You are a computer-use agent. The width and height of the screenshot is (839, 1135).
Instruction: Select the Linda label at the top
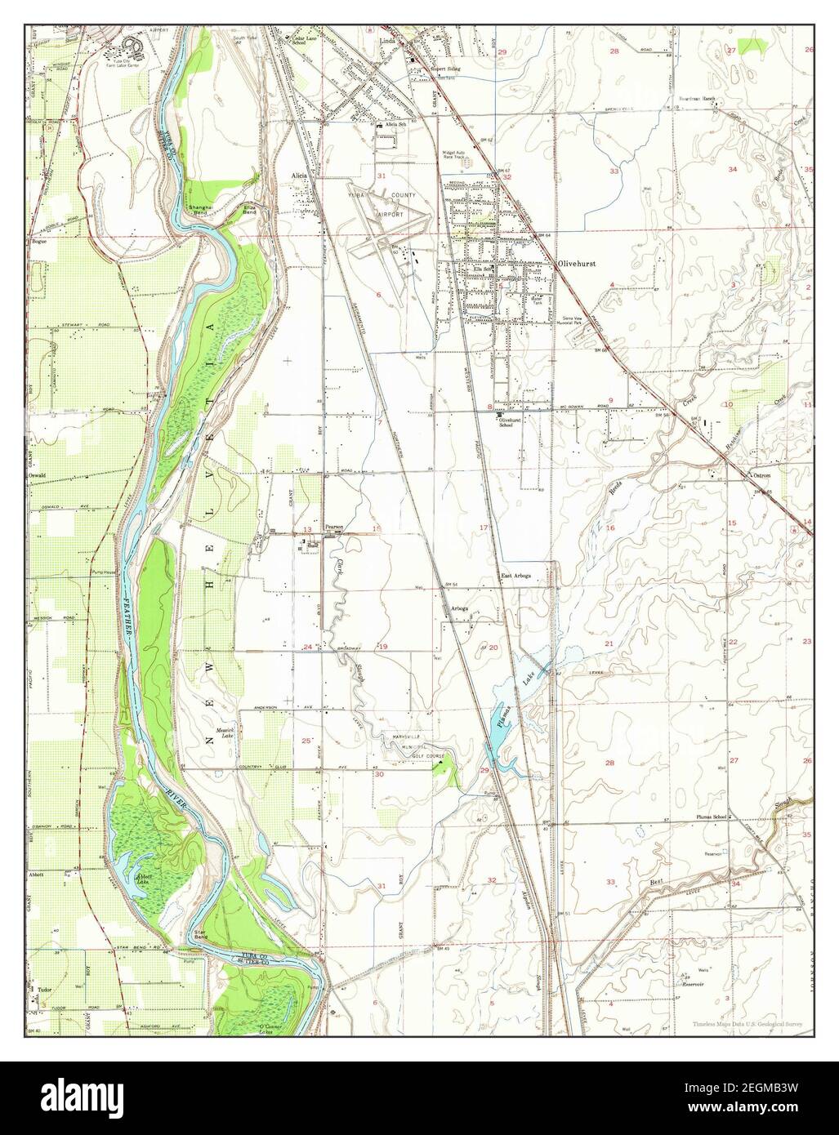[386, 38]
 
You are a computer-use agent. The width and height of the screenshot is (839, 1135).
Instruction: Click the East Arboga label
[516, 576]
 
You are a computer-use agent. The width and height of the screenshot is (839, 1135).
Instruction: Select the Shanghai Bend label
[200, 211]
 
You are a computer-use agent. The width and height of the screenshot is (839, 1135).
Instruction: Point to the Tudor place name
[46, 989]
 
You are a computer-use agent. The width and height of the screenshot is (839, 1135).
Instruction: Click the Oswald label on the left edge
[39, 474]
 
